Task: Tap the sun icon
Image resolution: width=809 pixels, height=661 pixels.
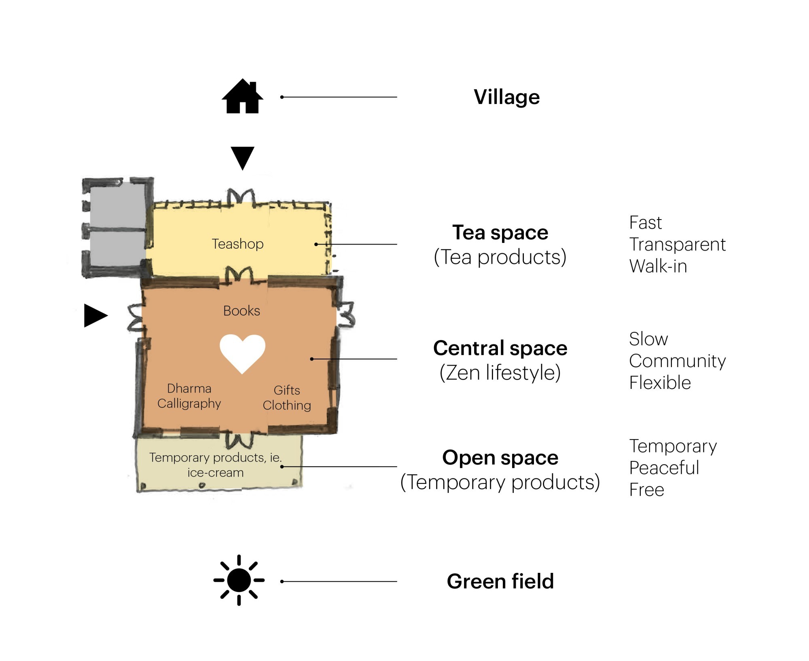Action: tap(239, 580)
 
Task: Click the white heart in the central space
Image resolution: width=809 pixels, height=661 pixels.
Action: tap(242, 353)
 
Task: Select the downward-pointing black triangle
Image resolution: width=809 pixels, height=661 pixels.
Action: tap(242, 157)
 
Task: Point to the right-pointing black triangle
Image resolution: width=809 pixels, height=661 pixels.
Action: tap(95, 315)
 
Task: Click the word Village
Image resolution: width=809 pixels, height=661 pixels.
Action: tap(506, 97)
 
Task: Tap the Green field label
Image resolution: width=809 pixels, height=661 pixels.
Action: tap(500, 581)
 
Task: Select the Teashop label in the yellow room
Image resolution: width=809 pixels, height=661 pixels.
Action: tap(237, 244)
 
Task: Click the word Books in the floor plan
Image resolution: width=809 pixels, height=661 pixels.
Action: tap(241, 310)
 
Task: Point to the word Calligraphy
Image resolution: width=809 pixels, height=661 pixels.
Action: tap(189, 403)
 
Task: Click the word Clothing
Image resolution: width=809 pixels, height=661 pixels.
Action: tap(287, 405)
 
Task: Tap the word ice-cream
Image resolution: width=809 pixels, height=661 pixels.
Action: tap(215, 473)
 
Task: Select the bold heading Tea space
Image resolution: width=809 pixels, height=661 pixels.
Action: tap(500, 232)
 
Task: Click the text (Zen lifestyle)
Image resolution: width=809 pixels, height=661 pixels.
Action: tap(500, 373)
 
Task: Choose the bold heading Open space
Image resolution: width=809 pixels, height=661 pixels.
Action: tap(500, 458)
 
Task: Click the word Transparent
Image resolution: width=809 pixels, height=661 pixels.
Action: tap(677, 245)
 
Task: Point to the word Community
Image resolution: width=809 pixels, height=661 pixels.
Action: tap(677, 361)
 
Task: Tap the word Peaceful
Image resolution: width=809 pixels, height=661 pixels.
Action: tap(664, 468)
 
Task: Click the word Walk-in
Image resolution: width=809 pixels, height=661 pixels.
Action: tap(658, 266)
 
